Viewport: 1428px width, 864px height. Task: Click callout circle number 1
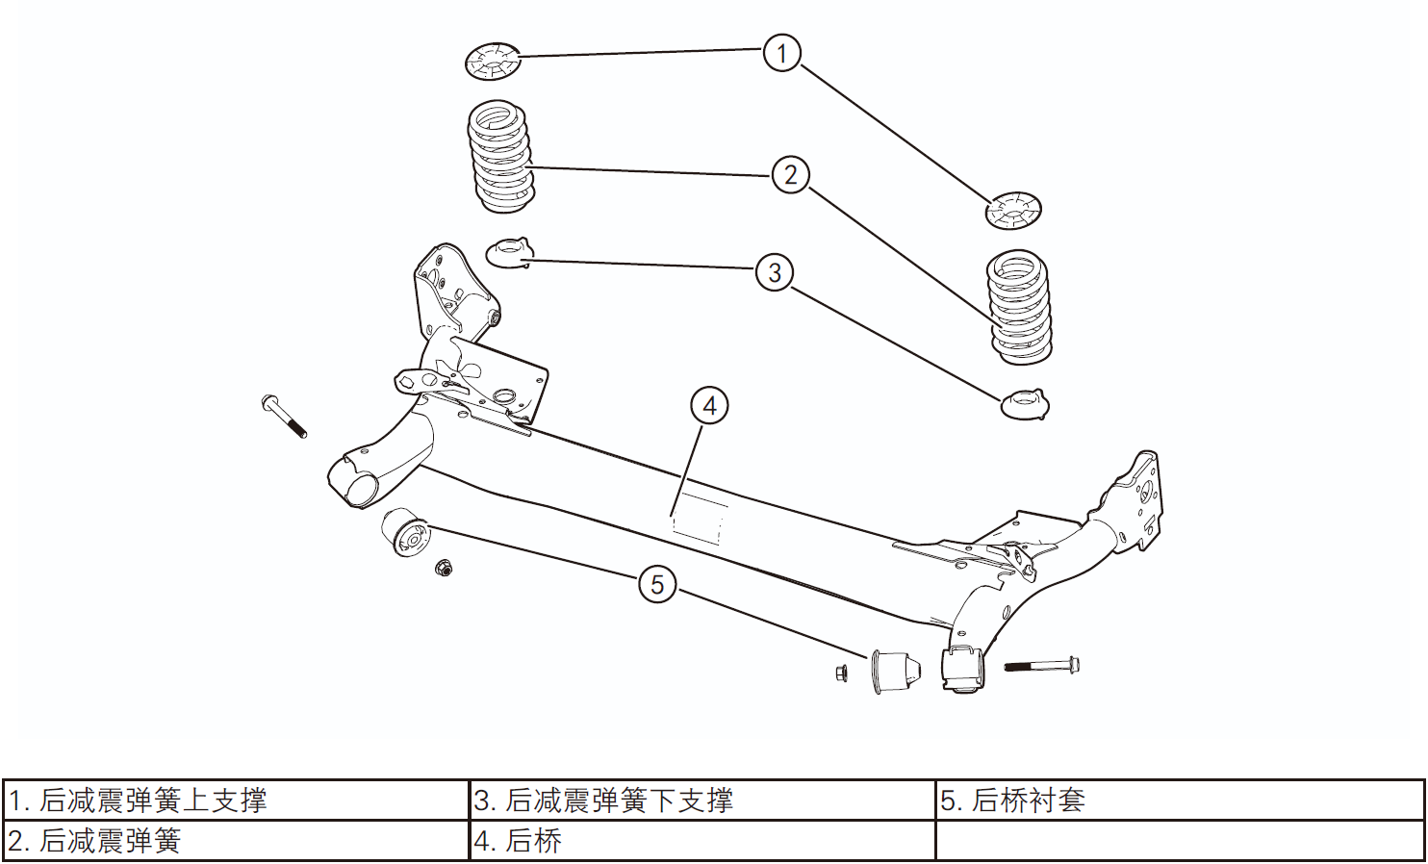pyautogui.click(x=781, y=53)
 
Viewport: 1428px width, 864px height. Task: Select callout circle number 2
pyautogui.click(x=790, y=175)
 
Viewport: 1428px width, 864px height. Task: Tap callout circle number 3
pyautogui.click(x=775, y=272)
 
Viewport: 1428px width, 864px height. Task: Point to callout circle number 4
pyautogui.click(x=709, y=406)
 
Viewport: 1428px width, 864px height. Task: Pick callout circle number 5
pyautogui.click(x=657, y=584)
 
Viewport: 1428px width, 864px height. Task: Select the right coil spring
pyautogui.click(x=1020, y=308)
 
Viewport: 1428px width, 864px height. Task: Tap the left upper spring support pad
pyautogui.click(x=493, y=63)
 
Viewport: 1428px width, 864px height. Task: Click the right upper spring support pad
pyautogui.click(x=1013, y=211)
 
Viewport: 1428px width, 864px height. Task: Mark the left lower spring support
pyautogui.click(x=508, y=253)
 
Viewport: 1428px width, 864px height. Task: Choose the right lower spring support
pyautogui.click(x=1025, y=404)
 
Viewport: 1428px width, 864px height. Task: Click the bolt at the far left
pyautogui.click(x=284, y=416)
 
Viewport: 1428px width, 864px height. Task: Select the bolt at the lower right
pyautogui.click(x=1041, y=665)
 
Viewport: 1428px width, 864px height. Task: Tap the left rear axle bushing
pyautogui.click(x=405, y=534)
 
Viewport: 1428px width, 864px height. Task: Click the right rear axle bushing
pyautogui.click(x=896, y=671)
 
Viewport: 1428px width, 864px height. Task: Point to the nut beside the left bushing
pyautogui.click(x=444, y=568)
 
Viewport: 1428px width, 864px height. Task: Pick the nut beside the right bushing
pyautogui.click(x=842, y=673)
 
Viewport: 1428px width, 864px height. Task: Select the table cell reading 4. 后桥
pyautogui.click(x=702, y=841)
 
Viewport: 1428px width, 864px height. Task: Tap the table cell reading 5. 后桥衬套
pyautogui.click(x=1180, y=800)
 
